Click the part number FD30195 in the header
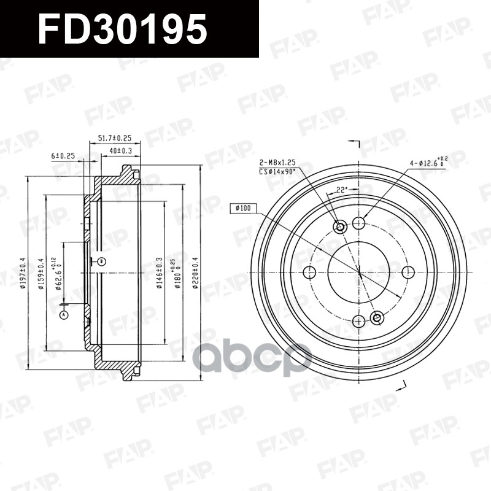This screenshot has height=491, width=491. (122, 29)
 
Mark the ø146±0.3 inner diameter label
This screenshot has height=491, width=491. (159, 274)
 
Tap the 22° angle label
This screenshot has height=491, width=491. (342, 190)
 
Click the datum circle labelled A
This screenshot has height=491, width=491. (64, 315)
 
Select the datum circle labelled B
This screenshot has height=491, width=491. (102, 262)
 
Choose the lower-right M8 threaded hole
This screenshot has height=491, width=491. (377, 317)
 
